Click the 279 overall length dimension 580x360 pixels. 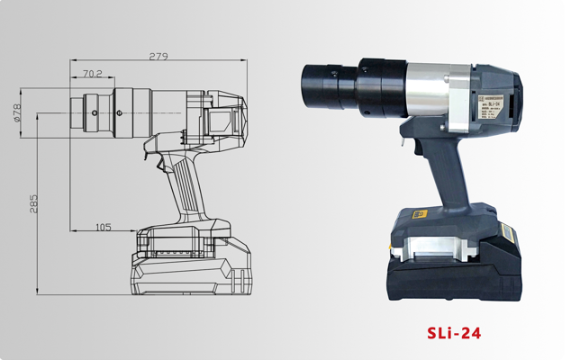(159, 57)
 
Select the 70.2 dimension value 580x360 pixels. (92, 74)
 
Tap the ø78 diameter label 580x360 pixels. (17, 110)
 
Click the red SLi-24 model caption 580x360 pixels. (454, 333)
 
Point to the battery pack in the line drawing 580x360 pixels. (194, 261)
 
